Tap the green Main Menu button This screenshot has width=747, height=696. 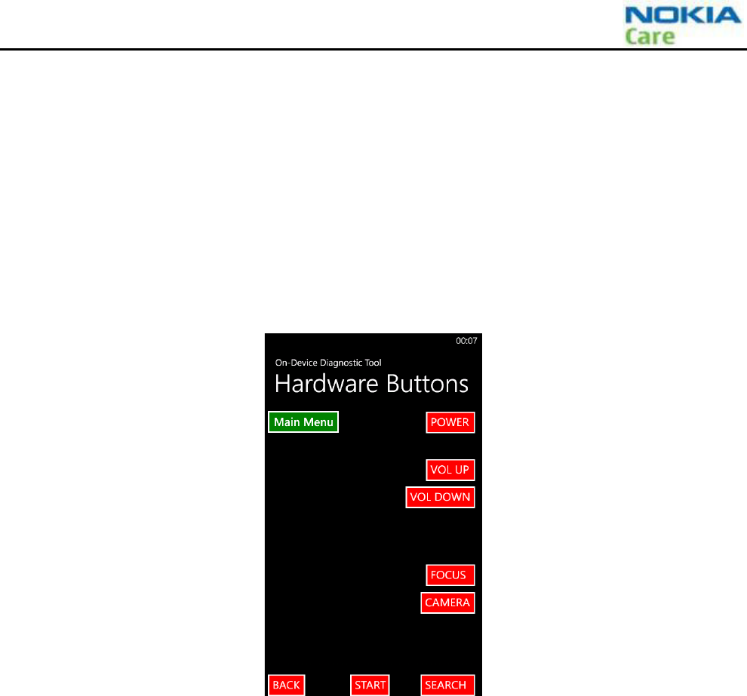click(x=303, y=422)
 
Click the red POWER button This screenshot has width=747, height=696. click(x=450, y=422)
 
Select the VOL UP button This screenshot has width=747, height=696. click(x=450, y=470)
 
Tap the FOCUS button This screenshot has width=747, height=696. click(x=450, y=575)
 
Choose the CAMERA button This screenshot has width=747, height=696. click(x=448, y=602)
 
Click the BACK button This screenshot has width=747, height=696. click(x=287, y=685)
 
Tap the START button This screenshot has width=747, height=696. click(x=370, y=685)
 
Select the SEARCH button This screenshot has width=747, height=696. click(x=447, y=685)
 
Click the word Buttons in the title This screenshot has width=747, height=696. click(x=428, y=384)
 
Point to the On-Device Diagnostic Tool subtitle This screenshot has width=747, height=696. click(x=328, y=363)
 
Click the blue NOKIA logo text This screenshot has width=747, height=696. click(x=684, y=16)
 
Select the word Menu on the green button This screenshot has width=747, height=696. click(x=318, y=422)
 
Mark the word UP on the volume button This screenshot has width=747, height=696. click(x=461, y=470)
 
